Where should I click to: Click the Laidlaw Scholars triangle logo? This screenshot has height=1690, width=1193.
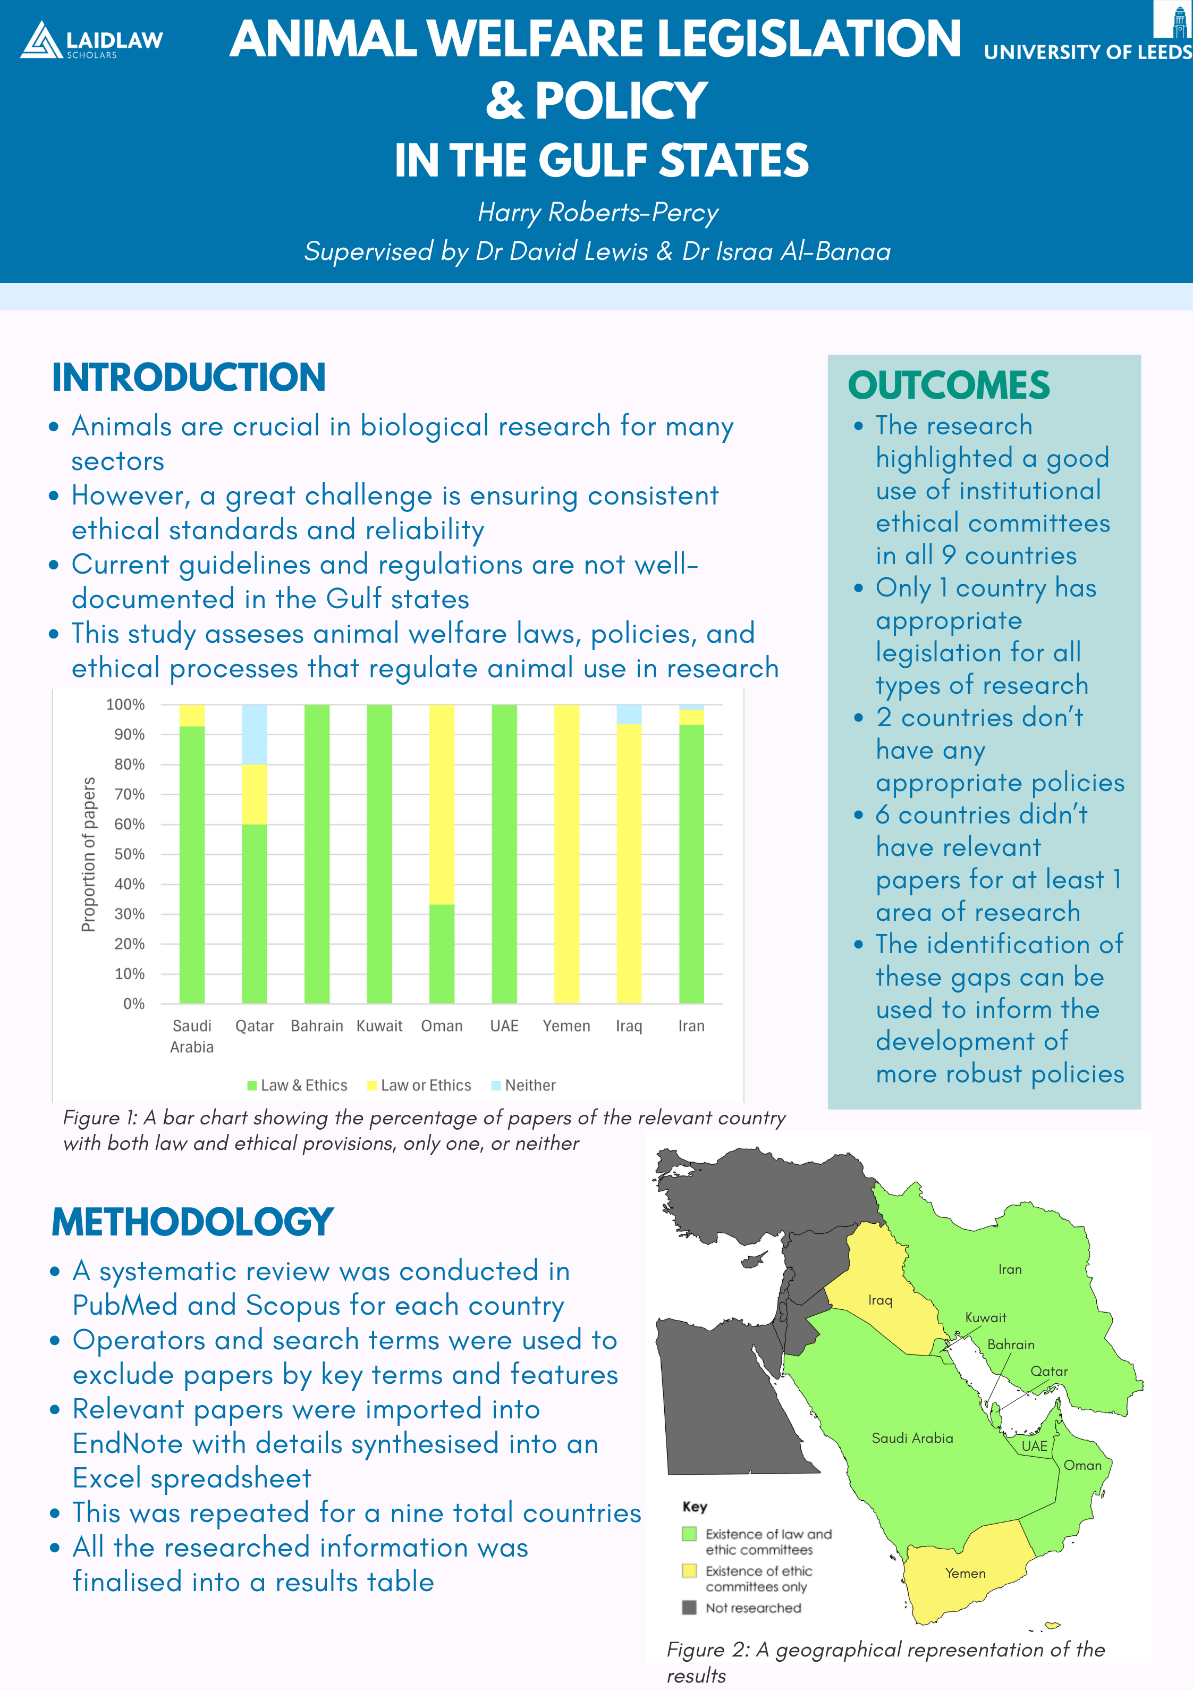point(41,40)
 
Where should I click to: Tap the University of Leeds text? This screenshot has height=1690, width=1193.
point(1087,52)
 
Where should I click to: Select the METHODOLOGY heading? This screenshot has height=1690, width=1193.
point(192,1222)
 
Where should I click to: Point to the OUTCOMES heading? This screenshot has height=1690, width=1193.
point(948,385)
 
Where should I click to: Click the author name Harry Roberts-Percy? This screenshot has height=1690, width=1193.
point(598,212)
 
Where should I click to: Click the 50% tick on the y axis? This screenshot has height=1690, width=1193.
point(130,854)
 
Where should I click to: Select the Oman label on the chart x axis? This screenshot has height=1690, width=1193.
point(442,1026)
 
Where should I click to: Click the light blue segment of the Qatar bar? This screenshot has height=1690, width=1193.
point(255,734)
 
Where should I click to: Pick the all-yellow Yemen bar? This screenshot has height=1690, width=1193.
point(566,854)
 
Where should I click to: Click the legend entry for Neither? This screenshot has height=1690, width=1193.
point(523,1085)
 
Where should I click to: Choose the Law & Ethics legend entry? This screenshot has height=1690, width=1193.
point(298,1085)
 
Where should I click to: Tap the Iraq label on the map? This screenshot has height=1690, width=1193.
point(879,1300)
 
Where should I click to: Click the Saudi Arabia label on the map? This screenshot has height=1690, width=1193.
point(912,1437)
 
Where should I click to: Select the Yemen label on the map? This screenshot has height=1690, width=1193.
point(965,1573)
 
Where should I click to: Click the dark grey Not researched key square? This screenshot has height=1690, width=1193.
point(689,1608)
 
